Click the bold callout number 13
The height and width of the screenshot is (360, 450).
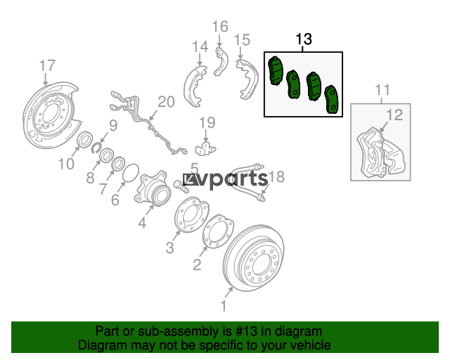(303, 39)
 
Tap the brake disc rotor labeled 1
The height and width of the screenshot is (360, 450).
(254, 259)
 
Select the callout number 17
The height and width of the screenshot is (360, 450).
(47, 65)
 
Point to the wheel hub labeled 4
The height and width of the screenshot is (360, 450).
(151, 188)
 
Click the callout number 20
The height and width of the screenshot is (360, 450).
(166, 102)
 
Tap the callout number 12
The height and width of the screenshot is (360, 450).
(394, 115)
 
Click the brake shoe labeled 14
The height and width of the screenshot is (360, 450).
(195, 86)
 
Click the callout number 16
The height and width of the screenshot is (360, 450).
(220, 27)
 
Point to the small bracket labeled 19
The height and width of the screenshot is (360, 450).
(205, 148)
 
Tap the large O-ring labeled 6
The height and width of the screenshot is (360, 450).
(131, 173)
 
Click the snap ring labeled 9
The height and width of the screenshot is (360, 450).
(96, 147)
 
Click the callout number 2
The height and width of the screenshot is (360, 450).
(197, 264)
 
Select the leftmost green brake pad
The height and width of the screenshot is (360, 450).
(275, 70)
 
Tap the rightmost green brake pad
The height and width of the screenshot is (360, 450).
(332, 99)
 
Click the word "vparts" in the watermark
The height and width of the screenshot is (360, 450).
(225, 179)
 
